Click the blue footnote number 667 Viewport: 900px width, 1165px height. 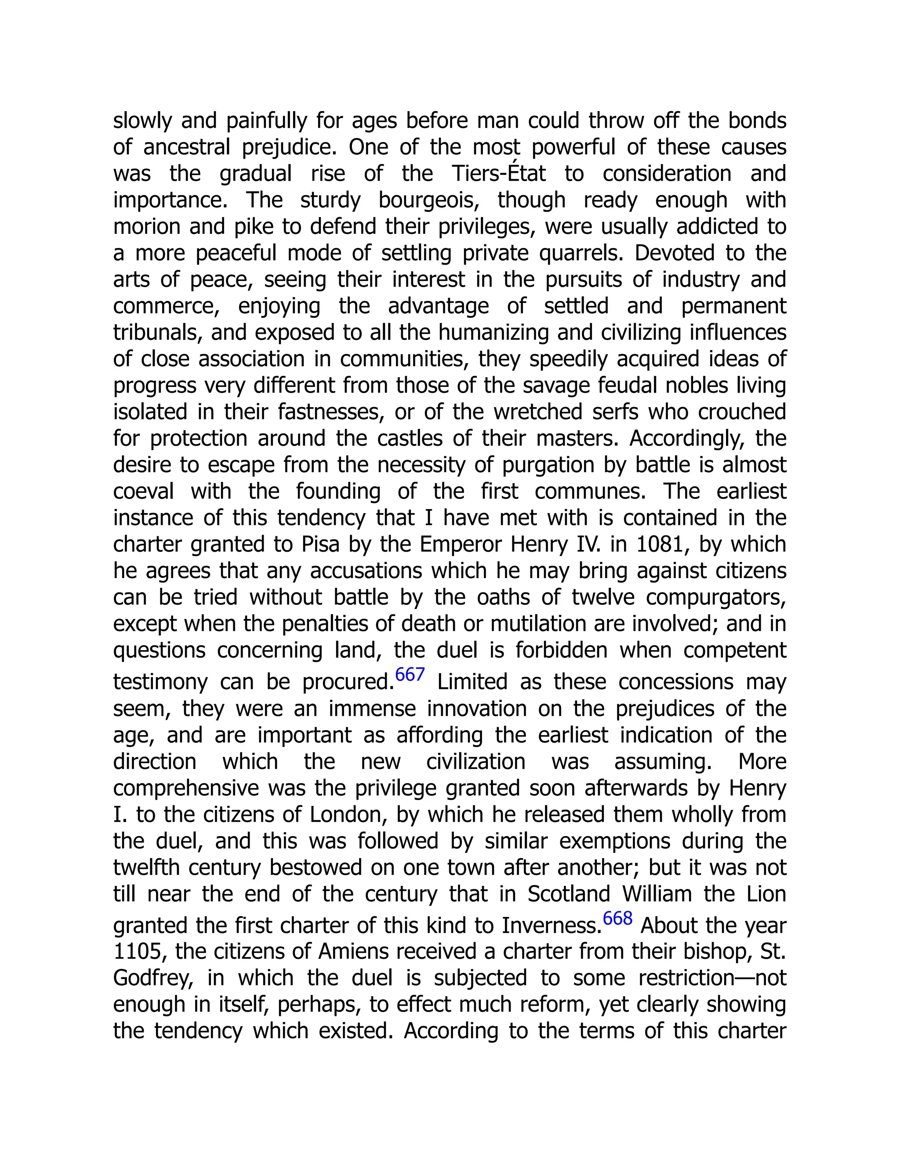(410, 675)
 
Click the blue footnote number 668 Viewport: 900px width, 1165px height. (617, 918)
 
